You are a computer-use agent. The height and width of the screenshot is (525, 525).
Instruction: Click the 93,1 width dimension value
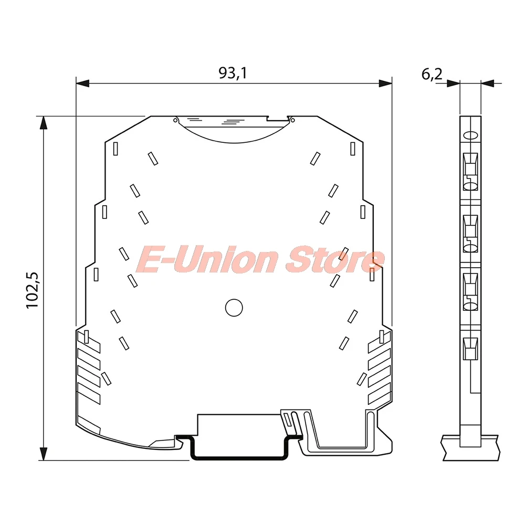(233, 72)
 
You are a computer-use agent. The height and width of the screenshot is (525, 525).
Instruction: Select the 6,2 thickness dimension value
(432, 74)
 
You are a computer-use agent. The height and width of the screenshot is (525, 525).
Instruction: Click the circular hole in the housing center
(234, 308)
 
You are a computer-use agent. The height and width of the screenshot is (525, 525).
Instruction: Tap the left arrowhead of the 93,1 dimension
(83, 83)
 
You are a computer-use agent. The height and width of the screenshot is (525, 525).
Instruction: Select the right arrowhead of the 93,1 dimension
(385, 83)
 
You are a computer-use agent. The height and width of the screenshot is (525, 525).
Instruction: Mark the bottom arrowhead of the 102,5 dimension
(44, 454)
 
